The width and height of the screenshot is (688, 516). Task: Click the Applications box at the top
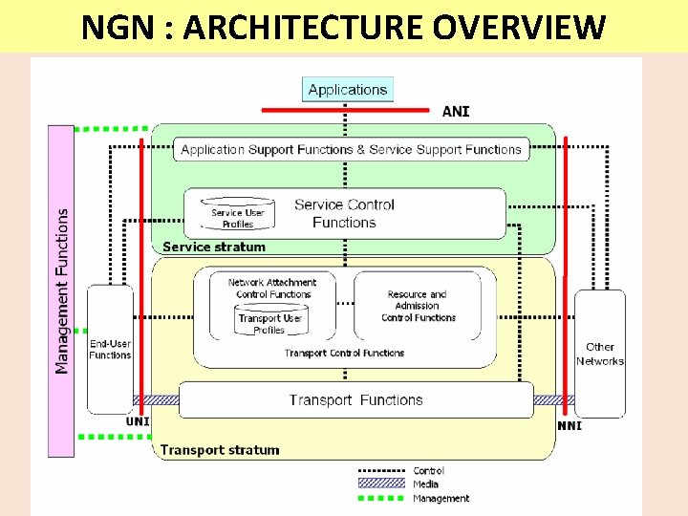point(348,90)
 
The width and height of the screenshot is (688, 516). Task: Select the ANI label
point(456,112)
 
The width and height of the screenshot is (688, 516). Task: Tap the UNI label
point(138,421)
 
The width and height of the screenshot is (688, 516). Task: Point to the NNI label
point(570,425)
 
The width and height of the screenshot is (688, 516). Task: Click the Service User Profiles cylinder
point(237,215)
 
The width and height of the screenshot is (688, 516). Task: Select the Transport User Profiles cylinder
point(271,322)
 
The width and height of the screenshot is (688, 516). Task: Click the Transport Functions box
point(355,400)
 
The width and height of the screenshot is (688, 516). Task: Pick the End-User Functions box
point(110,349)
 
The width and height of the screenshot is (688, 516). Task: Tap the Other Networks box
point(599,354)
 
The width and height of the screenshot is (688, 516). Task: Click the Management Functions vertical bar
point(61,290)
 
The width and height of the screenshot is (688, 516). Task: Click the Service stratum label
point(213,247)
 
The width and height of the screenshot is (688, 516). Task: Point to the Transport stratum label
point(220,450)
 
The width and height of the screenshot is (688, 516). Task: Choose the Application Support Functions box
point(351,149)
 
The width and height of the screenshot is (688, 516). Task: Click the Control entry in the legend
point(428,471)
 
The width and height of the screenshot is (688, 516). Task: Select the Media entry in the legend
point(426,484)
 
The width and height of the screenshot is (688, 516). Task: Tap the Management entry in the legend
point(441,498)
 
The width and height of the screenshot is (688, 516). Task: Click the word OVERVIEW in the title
point(519,29)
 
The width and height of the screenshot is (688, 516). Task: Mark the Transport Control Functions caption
point(344,354)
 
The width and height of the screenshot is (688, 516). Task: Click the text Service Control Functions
point(344,213)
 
